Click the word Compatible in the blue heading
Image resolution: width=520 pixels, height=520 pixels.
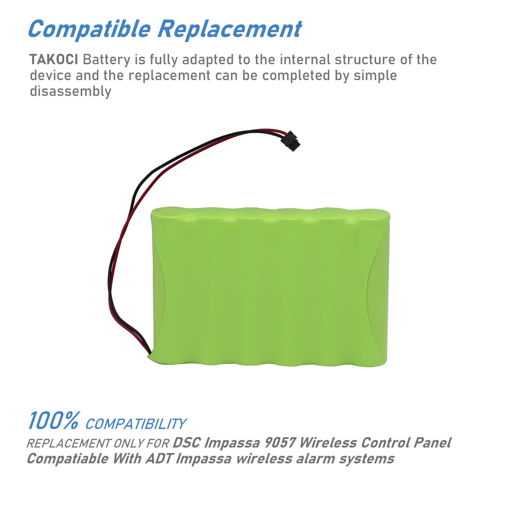pyautogui.click(x=89, y=29)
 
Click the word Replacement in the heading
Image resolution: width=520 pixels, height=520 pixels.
pyautogui.click(x=230, y=29)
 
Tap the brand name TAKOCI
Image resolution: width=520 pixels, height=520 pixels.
pyautogui.click(x=54, y=59)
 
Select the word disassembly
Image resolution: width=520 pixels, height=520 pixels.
pyautogui.click(x=71, y=91)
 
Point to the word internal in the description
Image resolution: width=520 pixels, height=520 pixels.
pyautogui.click(x=305, y=59)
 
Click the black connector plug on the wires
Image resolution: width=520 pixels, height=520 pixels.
pyautogui.click(x=290, y=141)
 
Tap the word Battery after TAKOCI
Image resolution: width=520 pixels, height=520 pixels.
pyautogui.click(x=107, y=60)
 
